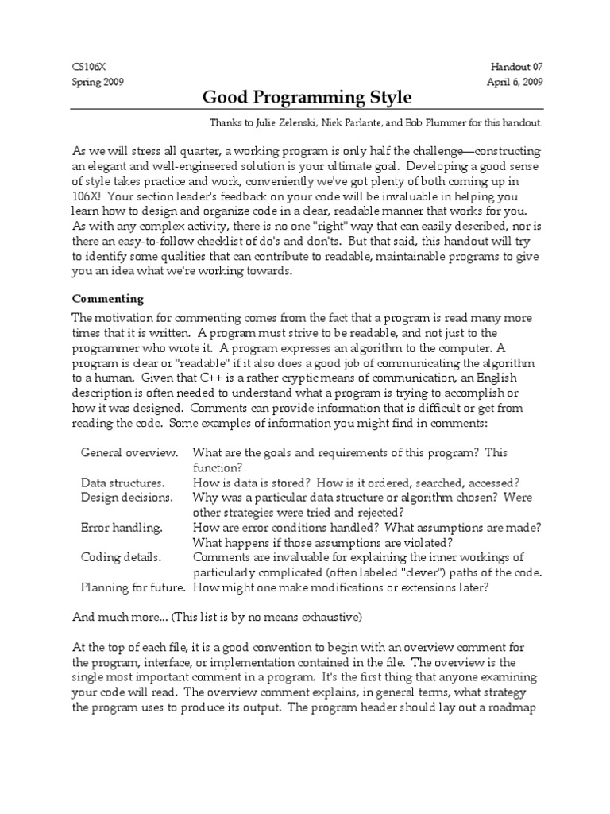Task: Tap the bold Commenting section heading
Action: [x=108, y=299]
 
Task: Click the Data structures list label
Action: [x=122, y=483]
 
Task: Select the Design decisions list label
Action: [x=126, y=497]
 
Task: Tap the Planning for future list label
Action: [x=133, y=587]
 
